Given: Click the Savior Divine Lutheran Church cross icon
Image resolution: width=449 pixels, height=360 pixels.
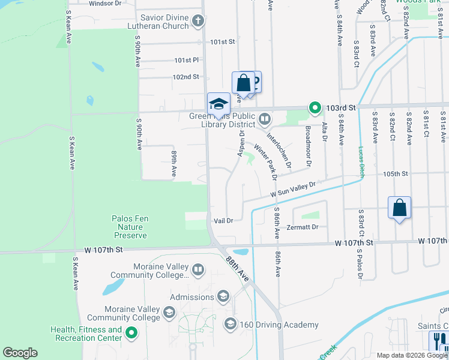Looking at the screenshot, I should pos(197,22).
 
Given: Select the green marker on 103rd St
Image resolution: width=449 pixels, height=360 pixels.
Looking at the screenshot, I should pos(315,108).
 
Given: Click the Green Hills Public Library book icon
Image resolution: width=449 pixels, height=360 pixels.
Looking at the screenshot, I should pos(265,118).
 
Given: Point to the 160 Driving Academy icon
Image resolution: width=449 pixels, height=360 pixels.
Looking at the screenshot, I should pos(230,325).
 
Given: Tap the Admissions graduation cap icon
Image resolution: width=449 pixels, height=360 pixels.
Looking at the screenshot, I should pos(223,296).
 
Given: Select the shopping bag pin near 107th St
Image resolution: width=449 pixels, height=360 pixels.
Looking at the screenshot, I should pos(399,209).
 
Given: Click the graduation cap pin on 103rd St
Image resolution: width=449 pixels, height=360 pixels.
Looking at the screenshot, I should pos(218,103).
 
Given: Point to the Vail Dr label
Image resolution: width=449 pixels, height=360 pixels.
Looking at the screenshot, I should pos(223,221).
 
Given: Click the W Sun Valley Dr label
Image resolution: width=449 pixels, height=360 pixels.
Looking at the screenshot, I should pos(292,191).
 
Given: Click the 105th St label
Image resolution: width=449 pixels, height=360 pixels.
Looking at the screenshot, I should pos(396,173).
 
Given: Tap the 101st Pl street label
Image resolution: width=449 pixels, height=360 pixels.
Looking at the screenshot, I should pos(186,61).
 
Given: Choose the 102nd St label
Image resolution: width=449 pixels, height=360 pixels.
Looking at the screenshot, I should pos(185,77).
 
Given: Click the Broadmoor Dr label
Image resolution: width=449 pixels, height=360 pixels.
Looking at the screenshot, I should pos(308,147).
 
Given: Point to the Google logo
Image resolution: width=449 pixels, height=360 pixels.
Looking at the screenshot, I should pos(20,353).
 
